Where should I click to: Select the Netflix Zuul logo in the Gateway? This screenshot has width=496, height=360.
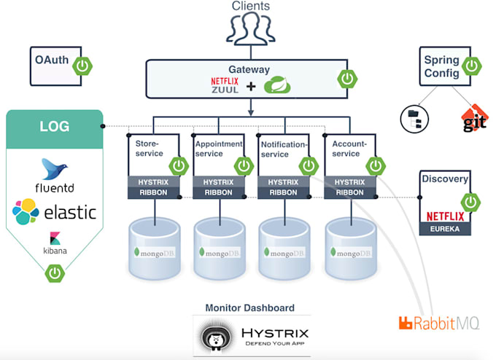[225, 86]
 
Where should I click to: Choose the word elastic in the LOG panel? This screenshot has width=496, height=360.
[71, 212]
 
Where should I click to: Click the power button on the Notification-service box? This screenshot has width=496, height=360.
[309, 166]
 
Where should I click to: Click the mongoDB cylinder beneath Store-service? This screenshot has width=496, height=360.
[152, 248]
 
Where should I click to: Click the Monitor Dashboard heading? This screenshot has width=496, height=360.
[250, 308]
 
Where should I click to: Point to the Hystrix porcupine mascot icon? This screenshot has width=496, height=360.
[216, 336]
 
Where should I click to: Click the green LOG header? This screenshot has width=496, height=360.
[55, 127]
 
